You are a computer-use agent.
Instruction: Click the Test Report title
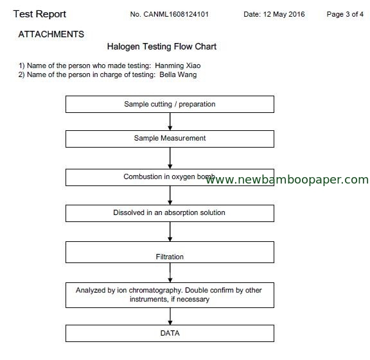coord(40,14)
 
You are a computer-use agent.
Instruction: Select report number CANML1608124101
coord(176,14)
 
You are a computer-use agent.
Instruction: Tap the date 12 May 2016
coord(284,14)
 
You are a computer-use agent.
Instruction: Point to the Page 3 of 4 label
coord(345,14)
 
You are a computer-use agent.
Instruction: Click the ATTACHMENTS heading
coord(51,35)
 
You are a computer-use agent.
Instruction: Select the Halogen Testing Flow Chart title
coord(162,46)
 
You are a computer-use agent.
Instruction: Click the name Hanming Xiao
coord(178,65)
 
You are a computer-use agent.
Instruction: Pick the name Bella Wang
coord(178,74)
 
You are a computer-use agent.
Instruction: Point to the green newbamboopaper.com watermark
coord(287,180)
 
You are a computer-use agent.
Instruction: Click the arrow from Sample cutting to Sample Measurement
coord(170,122)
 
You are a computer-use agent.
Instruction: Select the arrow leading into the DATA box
coord(170,316)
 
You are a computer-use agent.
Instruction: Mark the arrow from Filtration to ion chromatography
coord(170,273)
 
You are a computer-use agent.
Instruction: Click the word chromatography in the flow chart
coord(155,291)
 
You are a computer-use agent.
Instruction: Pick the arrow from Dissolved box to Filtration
coord(170,232)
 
